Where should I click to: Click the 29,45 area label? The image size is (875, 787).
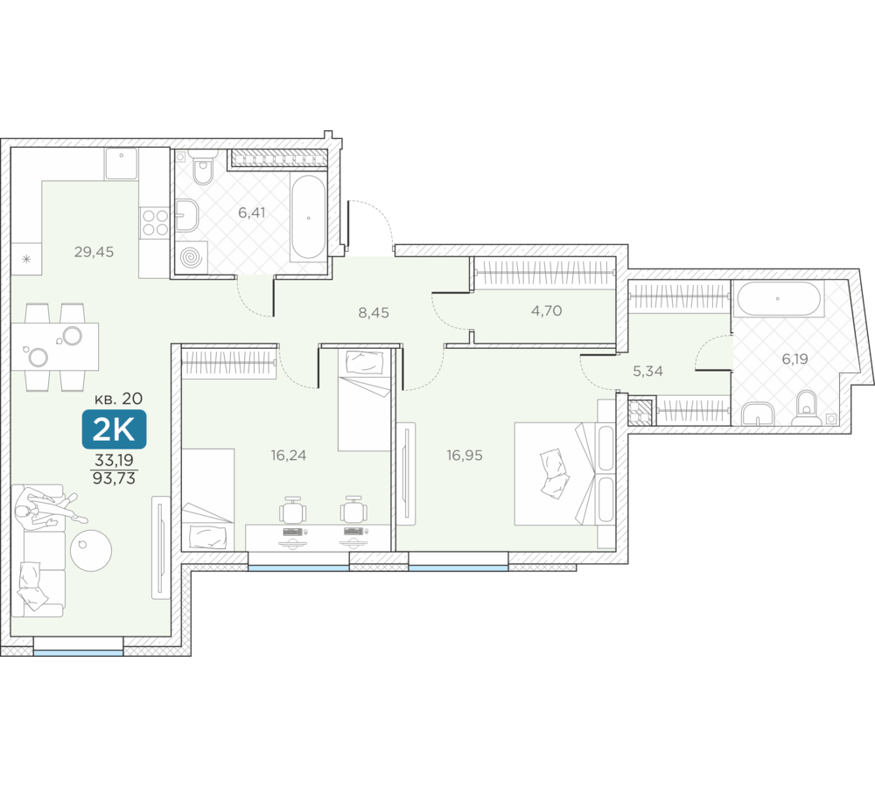click(x=94, y=252)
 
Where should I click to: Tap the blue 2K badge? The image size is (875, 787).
click(x=114, y=429)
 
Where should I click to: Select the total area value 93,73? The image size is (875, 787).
click(x=114, y=478)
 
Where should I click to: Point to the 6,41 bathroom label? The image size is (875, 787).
click(x=252, y=212)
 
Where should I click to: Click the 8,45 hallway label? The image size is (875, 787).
click(x=374, y=312)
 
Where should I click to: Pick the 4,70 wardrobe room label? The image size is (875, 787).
click(x=546, y=310)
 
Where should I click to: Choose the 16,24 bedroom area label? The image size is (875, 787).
click(x=289, y=455)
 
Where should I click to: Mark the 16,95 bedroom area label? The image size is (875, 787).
click(x=465, y=455)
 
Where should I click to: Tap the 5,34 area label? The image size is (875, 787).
click(x=647, y=371)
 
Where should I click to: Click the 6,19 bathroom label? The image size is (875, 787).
click(x=794, y=359)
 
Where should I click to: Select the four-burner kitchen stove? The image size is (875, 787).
click(x=155, y=221)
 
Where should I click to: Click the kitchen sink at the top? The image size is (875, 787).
click(x=121, y=164)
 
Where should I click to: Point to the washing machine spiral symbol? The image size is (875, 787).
click(x=192, y=258)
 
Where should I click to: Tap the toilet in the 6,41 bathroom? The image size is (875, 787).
click(x=202, y=167)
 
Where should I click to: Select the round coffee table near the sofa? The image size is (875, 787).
click(x=91, y=551)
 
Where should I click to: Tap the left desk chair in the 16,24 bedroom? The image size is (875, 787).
click(x=292, y=509)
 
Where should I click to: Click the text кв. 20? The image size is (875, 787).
click(x=118, y=398)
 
